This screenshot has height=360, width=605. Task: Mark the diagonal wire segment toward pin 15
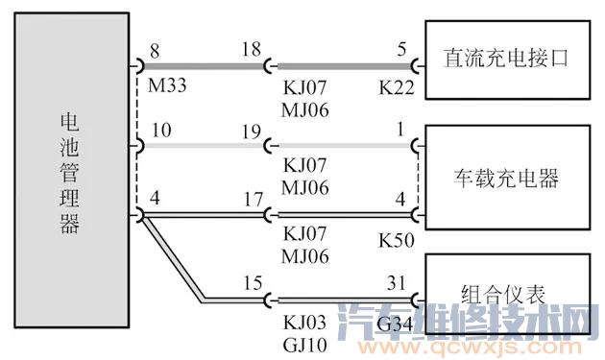173,259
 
